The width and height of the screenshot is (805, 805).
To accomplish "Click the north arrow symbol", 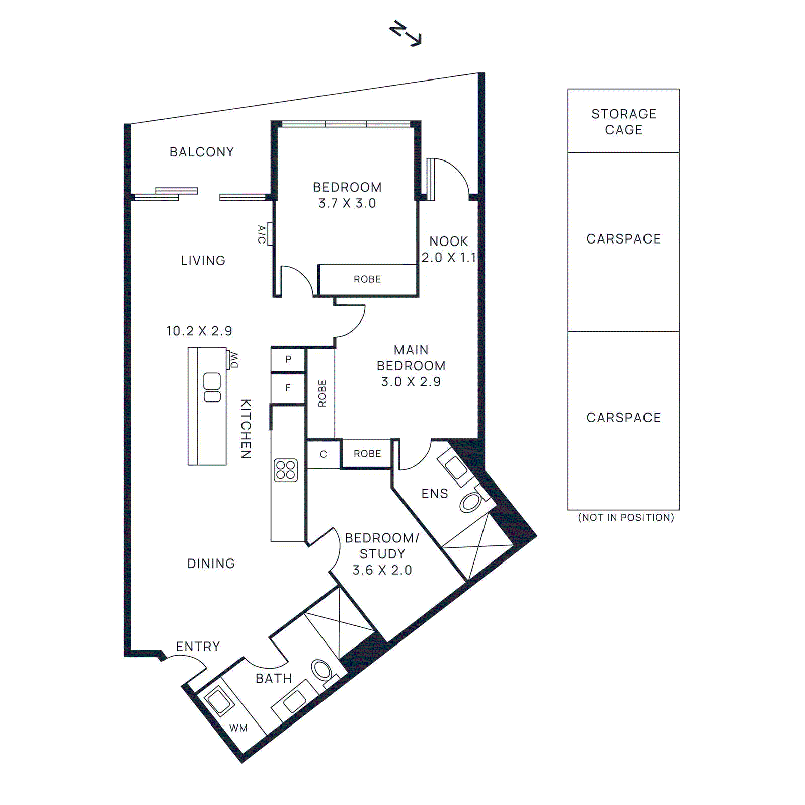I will pos(406,34).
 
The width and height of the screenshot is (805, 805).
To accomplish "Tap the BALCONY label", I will pos(201,152).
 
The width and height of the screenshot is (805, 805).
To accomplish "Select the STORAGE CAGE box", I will pos(623,121).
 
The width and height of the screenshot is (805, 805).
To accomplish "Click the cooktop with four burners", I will pos(285,470).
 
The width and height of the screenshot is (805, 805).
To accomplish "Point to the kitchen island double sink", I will pos(212,387).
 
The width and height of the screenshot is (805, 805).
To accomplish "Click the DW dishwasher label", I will pos(234,359).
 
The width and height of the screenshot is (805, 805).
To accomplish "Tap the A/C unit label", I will pos(262,234).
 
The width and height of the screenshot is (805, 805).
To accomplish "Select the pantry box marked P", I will pos(288,359).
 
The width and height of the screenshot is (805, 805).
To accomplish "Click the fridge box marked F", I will pos(288,388).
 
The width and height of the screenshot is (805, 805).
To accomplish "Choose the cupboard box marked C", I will pos(323,454).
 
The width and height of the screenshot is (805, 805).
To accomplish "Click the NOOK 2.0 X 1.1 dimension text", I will pos(448,250).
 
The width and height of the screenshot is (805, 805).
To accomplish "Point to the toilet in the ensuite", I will pos(471,502).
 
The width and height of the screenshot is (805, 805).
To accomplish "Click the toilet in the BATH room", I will pos(321,670).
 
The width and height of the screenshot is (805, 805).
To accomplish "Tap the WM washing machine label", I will pos(238,728).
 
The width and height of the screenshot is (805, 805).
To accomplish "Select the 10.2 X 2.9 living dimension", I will pos(199,331).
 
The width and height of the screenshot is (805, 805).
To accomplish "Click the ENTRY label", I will pos(198,647).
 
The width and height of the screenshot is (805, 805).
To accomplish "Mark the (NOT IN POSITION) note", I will pos(625,517).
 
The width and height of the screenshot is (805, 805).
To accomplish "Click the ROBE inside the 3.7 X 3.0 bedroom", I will pos(367,279).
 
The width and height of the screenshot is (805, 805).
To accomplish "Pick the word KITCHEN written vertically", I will pos(246,429).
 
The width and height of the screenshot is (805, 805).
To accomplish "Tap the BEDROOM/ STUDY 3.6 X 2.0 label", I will pos(382,554).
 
